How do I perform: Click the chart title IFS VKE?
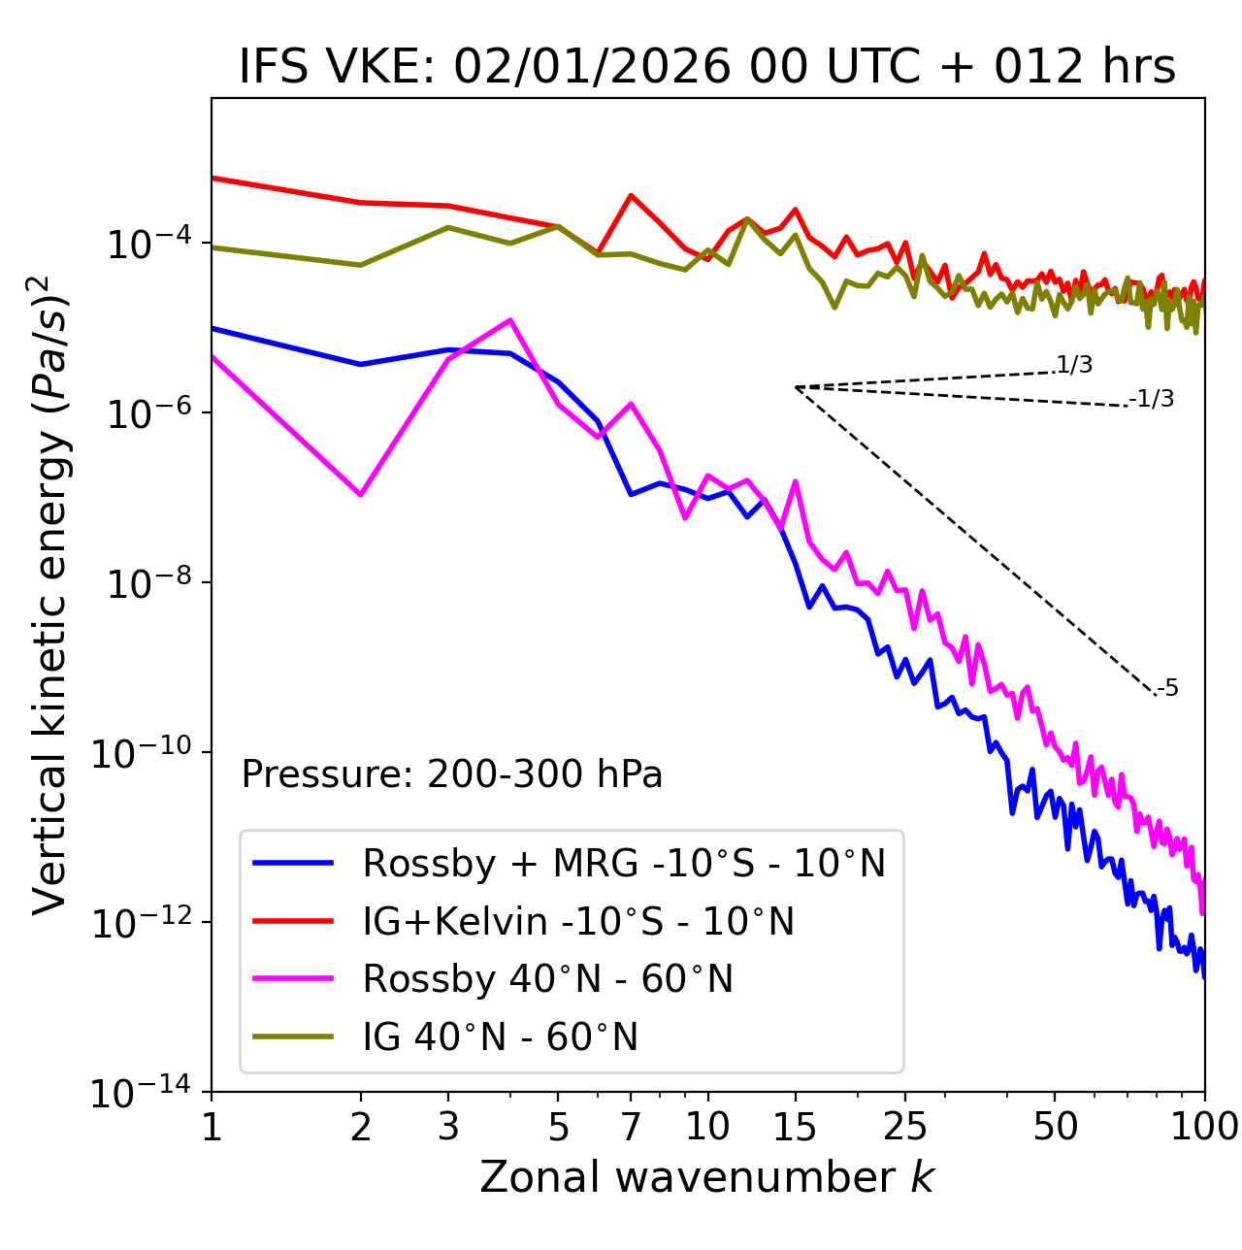click(707, 67)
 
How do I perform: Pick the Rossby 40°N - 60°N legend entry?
click(547, 979)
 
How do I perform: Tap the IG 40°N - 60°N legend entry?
click(500, 1037)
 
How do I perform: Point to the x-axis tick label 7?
click(631, 1127)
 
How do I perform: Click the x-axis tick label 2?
click(361, 1127)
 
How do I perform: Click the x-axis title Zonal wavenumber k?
click(707, 1177)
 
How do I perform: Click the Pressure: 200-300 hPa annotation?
click(452, 774)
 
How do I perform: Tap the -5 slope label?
click(1168, 689)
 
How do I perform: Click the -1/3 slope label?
click(1153, 399)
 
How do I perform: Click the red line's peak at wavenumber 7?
click(631, 195)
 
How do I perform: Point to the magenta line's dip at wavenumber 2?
click(361, 495)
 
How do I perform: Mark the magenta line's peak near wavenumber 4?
click(509, 320)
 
